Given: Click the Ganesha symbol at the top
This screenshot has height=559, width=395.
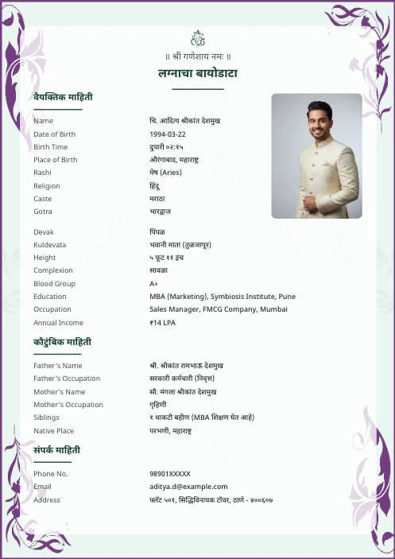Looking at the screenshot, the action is tap(198, 38).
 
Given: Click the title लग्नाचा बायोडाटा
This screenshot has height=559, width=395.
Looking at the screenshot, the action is tap(198, 73).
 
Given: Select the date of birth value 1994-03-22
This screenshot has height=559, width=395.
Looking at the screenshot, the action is tap(167, 134).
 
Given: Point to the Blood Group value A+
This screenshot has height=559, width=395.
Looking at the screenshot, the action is tap(153, 284).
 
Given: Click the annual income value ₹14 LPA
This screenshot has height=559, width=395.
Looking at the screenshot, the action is tap(164, 323).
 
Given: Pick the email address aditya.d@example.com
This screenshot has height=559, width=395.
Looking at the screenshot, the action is tap(188, 487).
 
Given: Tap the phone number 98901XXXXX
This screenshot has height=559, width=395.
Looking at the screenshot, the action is tap(170, 474).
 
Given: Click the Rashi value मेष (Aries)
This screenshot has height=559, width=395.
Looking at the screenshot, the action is tap(165, 173).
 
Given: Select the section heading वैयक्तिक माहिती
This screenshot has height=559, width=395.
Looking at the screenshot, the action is tap(63, 97).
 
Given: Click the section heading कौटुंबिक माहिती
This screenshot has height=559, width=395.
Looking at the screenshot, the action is tap(62, 342).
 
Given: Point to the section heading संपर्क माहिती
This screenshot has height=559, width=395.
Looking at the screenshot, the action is tap(56, 450).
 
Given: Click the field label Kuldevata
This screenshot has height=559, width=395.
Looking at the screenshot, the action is tap(50, 245).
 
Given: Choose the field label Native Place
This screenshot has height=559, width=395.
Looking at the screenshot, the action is tap(53, 431).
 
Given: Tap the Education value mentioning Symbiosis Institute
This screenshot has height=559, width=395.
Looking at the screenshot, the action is tap(222, 297).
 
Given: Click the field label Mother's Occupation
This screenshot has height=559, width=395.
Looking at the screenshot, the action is tap(68, 405).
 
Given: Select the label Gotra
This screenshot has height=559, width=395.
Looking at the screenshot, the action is tap(43, 212).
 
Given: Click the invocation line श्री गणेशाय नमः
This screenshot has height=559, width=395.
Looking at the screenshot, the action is tap(198, 56).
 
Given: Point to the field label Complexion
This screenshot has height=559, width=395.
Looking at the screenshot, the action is tap(53, 271).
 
